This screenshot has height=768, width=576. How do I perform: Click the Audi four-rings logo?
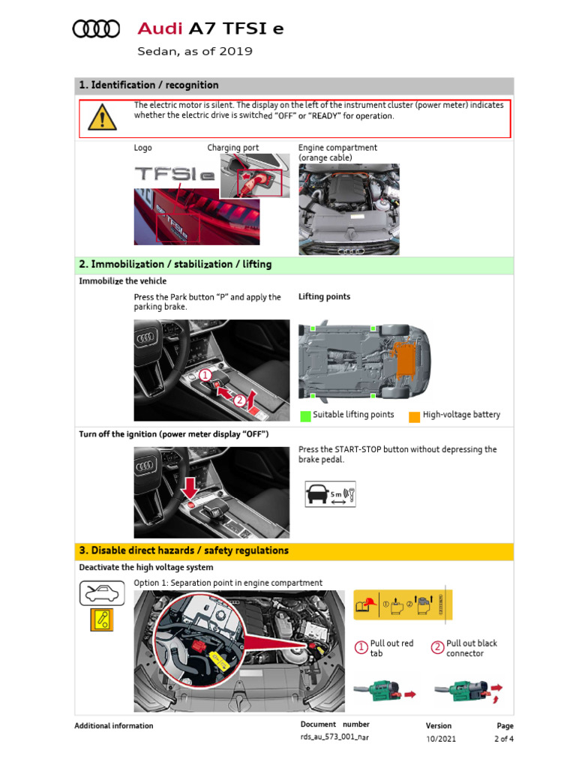tap(96, 29)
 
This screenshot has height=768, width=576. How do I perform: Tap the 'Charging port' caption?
tap(232, 148)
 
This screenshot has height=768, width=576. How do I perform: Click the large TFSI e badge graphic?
tap(174, 175)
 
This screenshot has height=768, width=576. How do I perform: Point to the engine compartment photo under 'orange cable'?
tap(349, 199)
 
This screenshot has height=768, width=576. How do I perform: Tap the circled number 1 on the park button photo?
tap(205, 373)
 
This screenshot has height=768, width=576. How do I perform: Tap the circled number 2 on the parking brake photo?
tap(239, 400)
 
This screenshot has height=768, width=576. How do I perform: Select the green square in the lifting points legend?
tap(305, 415)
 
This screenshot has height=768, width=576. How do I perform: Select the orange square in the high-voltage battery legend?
tap(414, 415)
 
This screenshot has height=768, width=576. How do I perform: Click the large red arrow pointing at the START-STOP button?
tap(190, 487)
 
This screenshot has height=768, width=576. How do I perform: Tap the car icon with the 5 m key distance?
tap(330, 495)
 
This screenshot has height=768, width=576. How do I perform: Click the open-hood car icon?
tap(101, 593)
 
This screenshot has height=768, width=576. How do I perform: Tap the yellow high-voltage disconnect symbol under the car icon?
tap(101, 619)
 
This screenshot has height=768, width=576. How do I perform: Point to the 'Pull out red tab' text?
tap(391, 648)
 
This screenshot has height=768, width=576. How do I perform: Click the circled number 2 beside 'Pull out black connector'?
tap(437, 647)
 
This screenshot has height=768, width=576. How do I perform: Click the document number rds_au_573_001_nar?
tap(334, 737)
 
